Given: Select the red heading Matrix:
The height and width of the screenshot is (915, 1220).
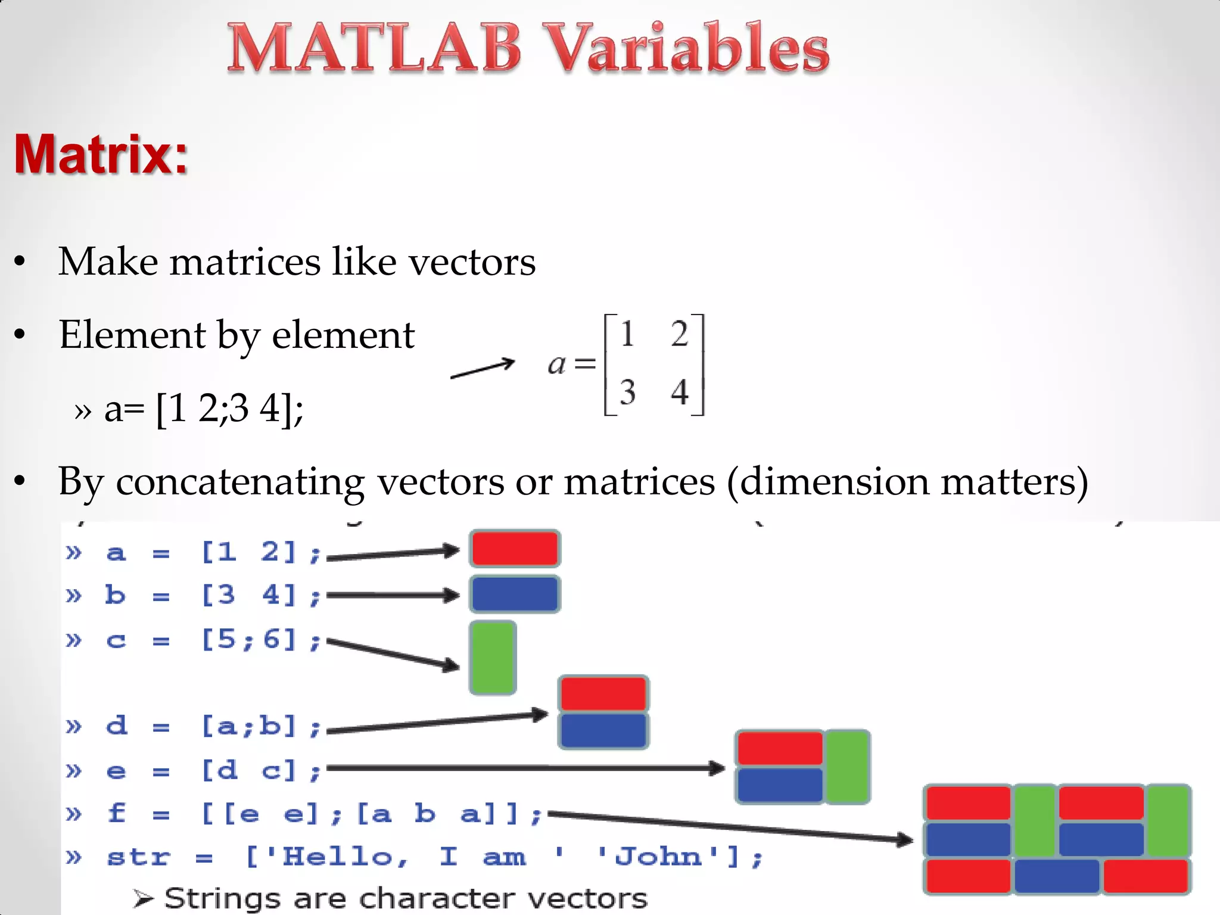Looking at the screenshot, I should pos(101,154).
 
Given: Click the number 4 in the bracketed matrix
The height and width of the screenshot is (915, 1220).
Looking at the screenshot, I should pos(679,392).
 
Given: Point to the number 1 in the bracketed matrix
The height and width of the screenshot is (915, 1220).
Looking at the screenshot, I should pos(626,334).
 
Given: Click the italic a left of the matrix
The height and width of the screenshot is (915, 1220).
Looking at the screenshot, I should pos(556,363).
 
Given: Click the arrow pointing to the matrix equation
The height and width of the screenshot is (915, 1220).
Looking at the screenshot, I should pos(483,368).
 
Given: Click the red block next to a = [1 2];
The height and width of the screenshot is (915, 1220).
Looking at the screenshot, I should pos(515,549).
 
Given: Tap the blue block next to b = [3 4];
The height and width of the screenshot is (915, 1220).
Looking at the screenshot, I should pos(515,594).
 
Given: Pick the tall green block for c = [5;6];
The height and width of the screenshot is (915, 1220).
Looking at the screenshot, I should pos(493,658).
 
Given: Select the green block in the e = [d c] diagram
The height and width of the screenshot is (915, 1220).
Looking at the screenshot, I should pos(847,767).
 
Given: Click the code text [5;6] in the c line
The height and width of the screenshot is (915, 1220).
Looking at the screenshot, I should pos(249,640).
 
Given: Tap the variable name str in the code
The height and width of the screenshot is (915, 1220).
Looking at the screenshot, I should pos(139,857).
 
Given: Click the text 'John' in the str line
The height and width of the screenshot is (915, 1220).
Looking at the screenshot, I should pos(658,857).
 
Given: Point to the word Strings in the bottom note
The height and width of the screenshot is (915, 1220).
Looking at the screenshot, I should pos(222,898).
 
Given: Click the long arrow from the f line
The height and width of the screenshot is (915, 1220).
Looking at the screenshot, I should pos(730,827).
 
